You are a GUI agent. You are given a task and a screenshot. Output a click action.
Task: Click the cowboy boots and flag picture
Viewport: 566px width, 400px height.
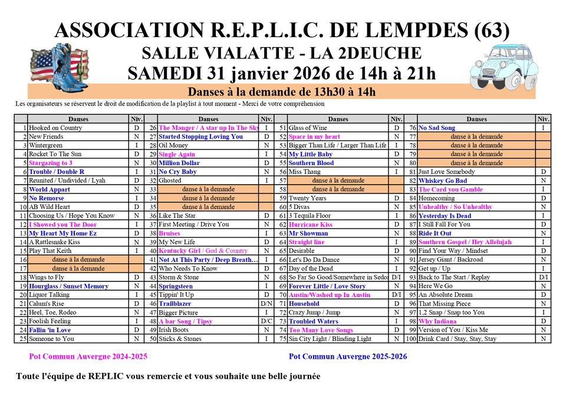(58, 68)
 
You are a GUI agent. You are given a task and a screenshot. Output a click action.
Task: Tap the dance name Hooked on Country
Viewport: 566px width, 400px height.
(55, 127)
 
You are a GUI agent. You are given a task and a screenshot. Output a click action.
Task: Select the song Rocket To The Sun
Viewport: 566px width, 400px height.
(55, 154)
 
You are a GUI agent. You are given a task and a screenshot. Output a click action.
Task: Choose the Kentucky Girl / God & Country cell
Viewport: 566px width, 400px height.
(203, 251)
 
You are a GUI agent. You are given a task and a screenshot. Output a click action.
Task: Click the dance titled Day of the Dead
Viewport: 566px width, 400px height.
(311, 268)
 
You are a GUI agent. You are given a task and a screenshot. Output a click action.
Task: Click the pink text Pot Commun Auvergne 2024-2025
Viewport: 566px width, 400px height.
(88, 357)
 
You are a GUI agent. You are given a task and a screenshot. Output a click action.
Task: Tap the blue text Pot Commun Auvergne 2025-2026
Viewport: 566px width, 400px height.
(347, 357)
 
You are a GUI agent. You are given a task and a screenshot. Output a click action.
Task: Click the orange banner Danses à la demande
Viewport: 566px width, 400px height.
(281, 92)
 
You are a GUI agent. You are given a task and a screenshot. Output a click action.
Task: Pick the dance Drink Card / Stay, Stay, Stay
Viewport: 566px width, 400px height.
(457, 339)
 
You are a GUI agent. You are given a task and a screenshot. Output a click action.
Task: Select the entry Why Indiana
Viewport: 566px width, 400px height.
(437, 321)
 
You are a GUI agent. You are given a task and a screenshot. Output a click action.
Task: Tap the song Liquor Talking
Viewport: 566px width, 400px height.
(49, 294)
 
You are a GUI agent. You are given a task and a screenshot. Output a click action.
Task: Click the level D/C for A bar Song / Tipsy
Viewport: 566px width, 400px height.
(266, 321)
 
